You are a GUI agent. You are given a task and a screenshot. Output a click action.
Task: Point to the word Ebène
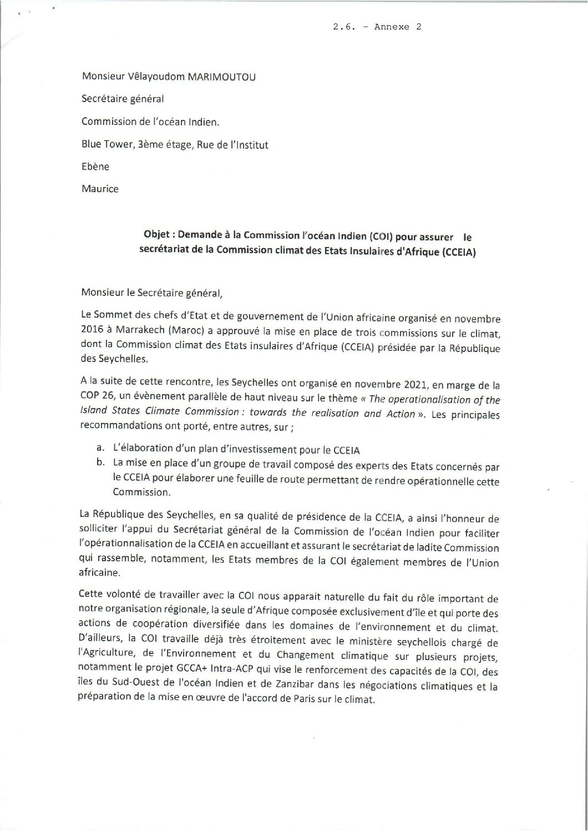point(95,167)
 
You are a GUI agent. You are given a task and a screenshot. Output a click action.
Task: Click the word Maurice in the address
point(100,189)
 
